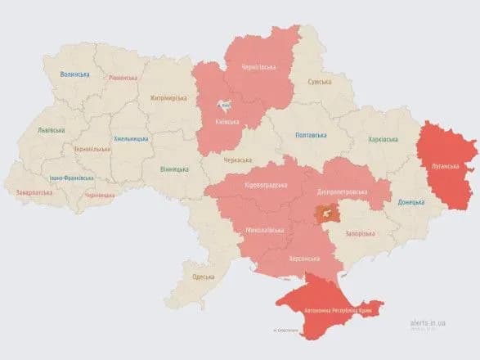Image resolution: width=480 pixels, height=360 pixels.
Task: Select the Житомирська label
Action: (x=168, y=98)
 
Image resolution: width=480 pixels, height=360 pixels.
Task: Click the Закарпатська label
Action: (x=34, y=192)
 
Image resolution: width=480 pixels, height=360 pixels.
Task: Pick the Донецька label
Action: (x=411, y=201)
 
